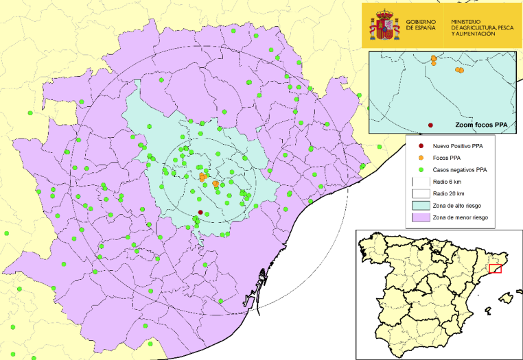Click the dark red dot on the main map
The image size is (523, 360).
[200, 212]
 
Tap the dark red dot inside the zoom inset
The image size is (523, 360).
[430, 125]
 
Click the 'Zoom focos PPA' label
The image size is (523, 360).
[480, 125]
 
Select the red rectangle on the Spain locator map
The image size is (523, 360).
[494, 268]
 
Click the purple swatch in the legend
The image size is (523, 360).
[419, 217]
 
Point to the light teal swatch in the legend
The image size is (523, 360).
[419, 205]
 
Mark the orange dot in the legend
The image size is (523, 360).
[419, 158]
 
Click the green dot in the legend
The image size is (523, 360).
[419, 169]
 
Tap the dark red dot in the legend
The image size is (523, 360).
[419, 146]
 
